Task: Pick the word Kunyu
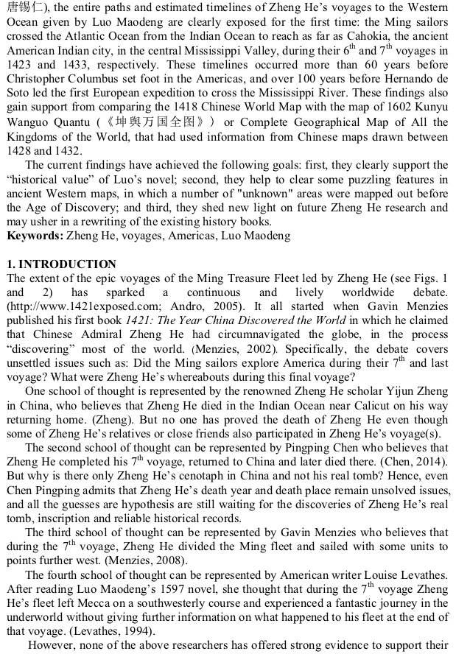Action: [x=431, y=108]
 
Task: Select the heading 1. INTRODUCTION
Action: [x=60, y=264]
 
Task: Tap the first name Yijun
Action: [x=386, y=376]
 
